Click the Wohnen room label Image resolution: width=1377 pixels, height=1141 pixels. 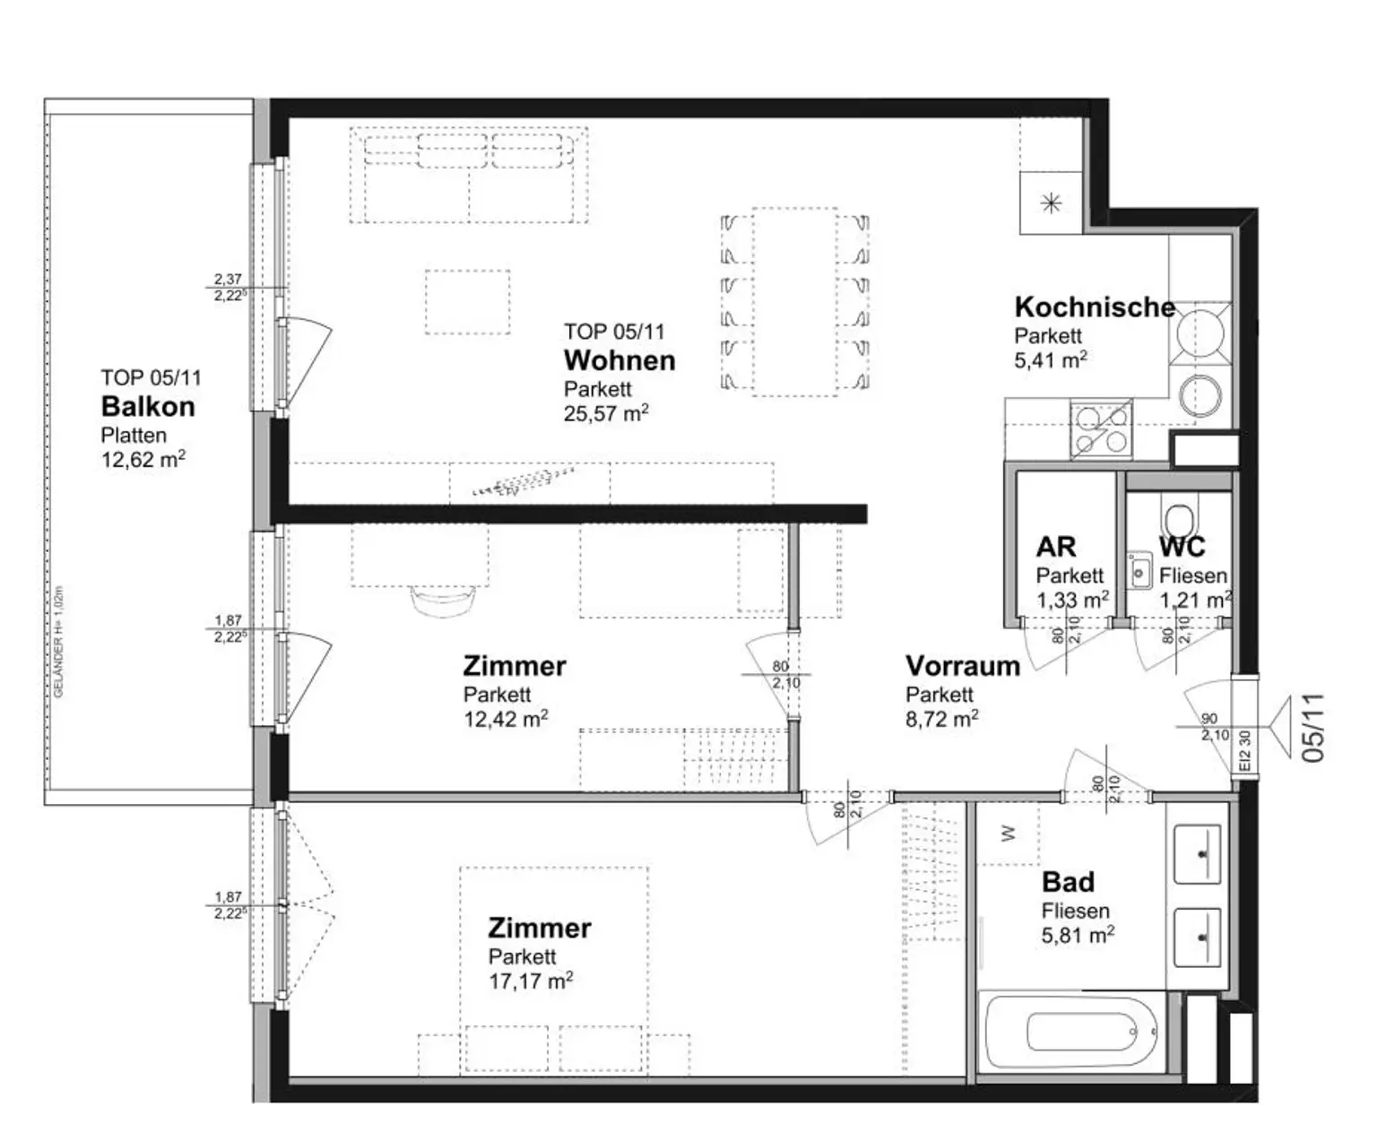[619, 360]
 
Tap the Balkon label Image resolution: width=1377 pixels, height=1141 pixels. [147, 406]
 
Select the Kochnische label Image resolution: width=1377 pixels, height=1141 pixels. [1094, 307]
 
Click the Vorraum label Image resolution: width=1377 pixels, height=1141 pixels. [962, 666]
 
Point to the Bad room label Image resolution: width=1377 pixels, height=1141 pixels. [1068, 882]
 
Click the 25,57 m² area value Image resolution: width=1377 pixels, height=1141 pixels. [605, 413]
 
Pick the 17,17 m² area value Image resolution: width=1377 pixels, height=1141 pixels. [530, 981]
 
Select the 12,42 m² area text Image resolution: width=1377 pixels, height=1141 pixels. [505, 719]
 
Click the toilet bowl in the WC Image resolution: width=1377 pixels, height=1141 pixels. [1177, 517]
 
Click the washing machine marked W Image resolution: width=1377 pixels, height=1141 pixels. [1009, 834]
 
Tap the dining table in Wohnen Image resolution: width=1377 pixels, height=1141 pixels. [794, 301]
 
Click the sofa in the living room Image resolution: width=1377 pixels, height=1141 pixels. [468, 176]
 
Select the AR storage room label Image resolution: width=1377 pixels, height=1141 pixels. [1055, 547]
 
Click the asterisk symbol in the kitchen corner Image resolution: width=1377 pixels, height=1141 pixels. [1051, 203]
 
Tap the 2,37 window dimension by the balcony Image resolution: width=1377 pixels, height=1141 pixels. [228, 280]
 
